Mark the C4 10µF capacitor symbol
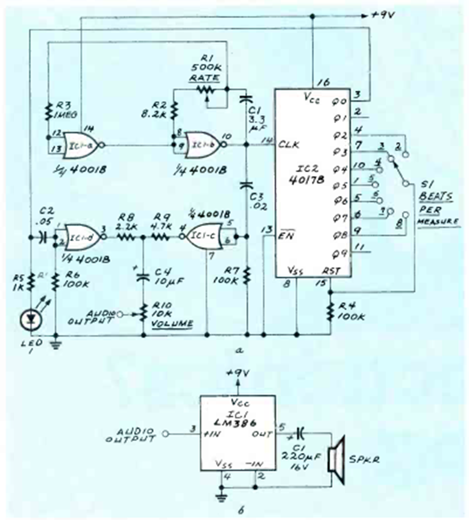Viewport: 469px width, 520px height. pyautogui.click(x=143, y=277)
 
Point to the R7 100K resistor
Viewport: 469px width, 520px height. pyautogui.click(x=247, y=276)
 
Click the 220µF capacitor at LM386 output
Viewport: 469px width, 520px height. pyautogui.click(x=300, y=434)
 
